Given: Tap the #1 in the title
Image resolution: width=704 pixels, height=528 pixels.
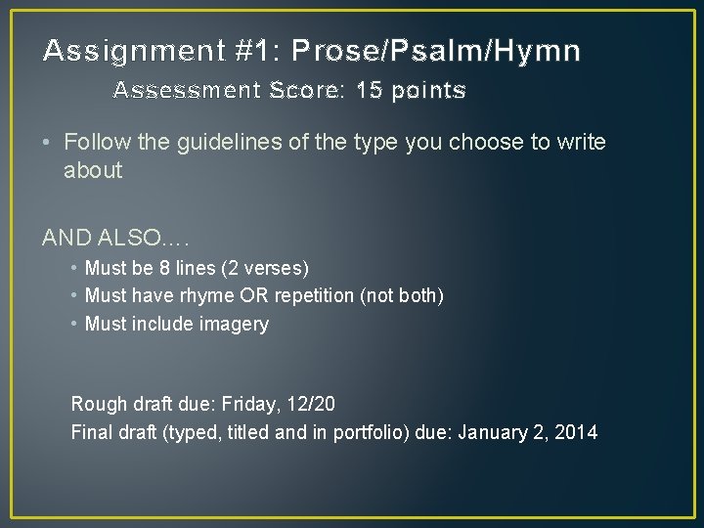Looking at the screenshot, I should point(242,50).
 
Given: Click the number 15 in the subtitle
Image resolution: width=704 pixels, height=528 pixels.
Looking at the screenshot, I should point(370,91).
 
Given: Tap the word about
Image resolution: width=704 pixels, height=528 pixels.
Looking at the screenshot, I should point(93,171).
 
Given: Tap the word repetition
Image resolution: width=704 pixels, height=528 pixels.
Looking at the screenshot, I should point(310,295).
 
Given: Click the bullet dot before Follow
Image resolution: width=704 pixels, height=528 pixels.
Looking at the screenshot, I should point(48,143).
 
